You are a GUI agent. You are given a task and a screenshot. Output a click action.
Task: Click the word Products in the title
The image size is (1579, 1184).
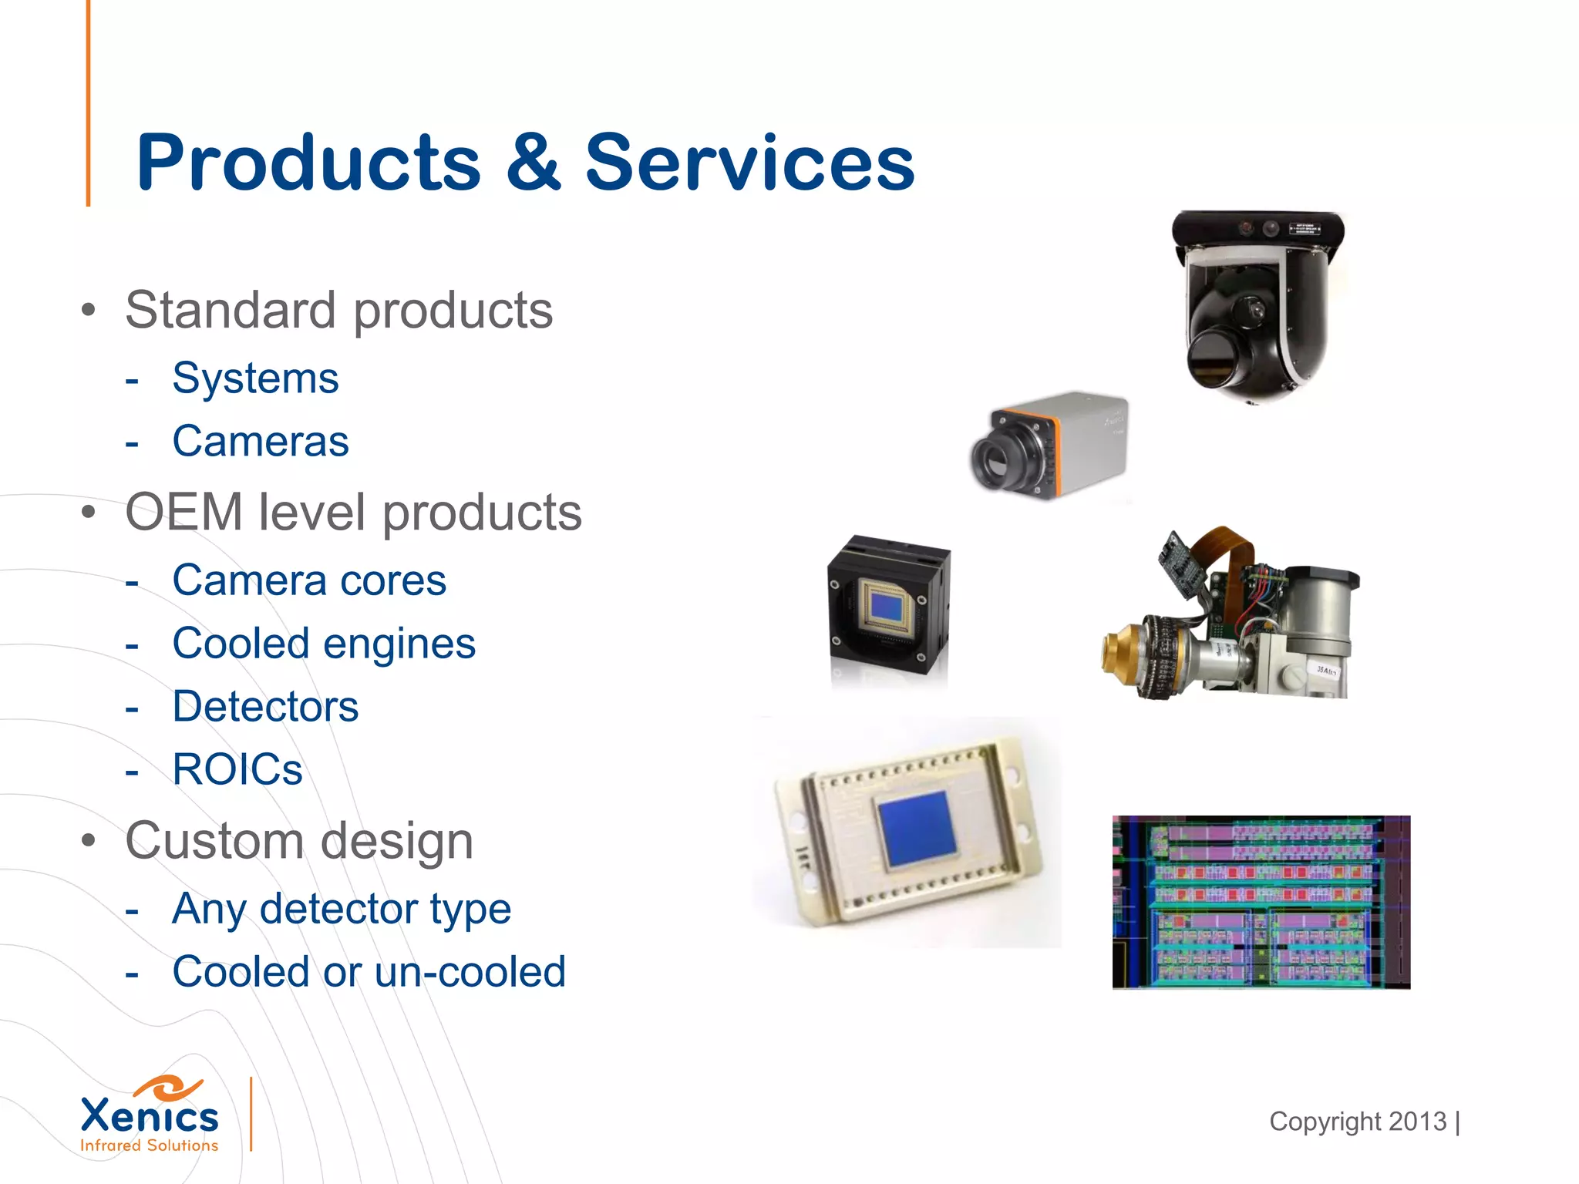(308, 163)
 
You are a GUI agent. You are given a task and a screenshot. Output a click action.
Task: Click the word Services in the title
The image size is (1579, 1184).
(749, 163)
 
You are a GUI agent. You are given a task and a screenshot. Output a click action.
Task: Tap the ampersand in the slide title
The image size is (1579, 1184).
(534, 163)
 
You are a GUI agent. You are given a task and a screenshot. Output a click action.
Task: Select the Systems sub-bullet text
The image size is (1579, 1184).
(255, 378)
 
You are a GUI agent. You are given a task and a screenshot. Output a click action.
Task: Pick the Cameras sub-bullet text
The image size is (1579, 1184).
(261, 442)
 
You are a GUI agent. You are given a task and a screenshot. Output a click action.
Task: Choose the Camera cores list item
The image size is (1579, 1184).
(309, 580)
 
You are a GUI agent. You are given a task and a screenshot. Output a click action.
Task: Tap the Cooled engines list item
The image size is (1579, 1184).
(324, 644)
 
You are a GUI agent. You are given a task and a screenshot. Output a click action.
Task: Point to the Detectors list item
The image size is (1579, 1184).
(265, 707)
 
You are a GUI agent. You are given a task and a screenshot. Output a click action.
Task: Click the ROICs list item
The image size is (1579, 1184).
(237, 770)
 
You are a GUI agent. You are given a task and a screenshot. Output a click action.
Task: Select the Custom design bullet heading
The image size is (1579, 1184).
(299, 841)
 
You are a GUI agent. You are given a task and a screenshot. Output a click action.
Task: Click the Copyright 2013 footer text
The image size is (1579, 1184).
(1358, 1122)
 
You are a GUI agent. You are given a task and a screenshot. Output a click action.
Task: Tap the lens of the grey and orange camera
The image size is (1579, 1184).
(999, 459)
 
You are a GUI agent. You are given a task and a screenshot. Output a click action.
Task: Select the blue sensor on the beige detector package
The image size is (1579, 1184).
(916, 828)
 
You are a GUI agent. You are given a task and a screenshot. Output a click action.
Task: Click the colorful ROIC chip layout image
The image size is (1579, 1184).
(1261, 902)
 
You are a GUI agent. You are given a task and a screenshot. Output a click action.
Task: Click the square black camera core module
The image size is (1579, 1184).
(889, 605)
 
